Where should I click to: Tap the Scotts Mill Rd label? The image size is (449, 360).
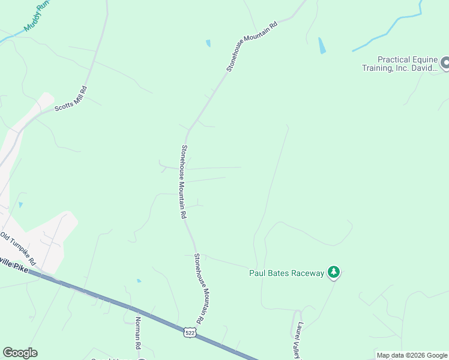(x=71, y=99)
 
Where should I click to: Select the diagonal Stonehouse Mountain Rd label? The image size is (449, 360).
(x=253, y=46)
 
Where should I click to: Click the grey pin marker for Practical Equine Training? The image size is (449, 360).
(x=445, y=62)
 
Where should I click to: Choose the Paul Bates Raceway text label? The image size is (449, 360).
(x=286, y=274)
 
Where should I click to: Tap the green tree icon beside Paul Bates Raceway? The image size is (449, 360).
(x=334, y=273)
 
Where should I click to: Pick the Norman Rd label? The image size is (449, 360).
(x=137, y=333)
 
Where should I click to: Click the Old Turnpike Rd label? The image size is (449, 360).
(x=18, y=248)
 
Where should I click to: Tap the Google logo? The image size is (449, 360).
(x=20, y=353)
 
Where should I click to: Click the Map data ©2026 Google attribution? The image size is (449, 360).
(x=411, y=355)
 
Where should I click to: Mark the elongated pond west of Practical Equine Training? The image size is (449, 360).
(x=322, y=46)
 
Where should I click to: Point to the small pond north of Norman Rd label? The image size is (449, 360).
(x=139, y=280)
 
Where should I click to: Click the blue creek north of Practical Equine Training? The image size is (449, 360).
(x=390, y=29)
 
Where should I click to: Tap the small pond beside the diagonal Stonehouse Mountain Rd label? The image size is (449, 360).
(x=208, y=43)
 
